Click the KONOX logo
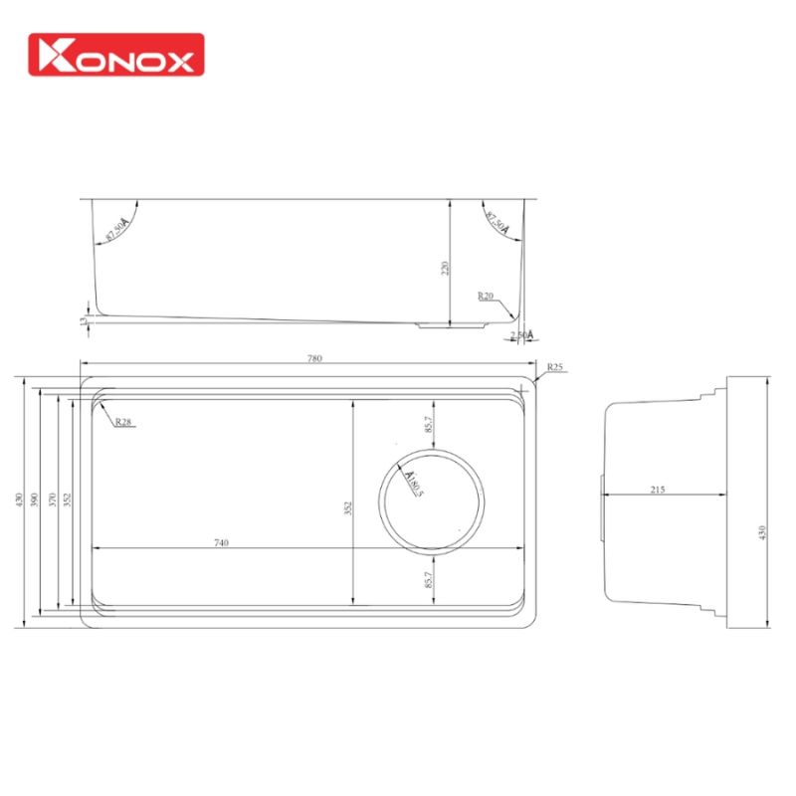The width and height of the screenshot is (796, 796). (116, 55)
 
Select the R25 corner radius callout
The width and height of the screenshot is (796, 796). (555, 368)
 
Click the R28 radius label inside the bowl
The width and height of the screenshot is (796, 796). (123, 422)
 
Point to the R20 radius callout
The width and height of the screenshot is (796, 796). (486, 296)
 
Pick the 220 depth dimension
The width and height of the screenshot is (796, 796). (445, 267)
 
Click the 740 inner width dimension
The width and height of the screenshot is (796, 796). (221, 542)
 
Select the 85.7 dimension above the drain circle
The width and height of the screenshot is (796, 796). (428, 424)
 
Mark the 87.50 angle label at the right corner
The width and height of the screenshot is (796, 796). (497, 226)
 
